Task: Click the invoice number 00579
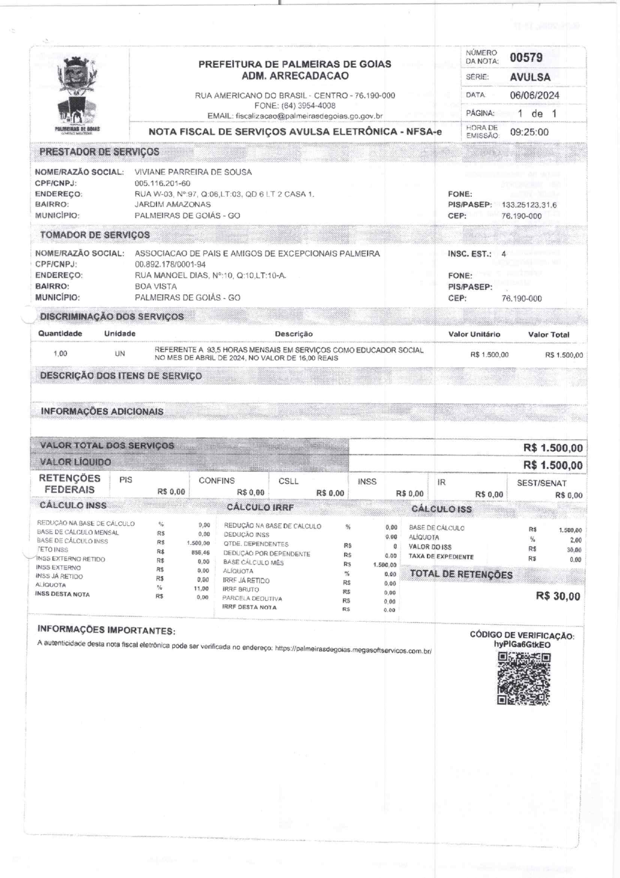(526, 58)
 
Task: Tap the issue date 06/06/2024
(534, 95)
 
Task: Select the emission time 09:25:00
(529, 132)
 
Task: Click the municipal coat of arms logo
(77, 93)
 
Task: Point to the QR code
(524, 679)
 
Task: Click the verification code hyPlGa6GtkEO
(522, 644)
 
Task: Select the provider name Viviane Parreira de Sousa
(193, 172)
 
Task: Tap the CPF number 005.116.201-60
(162, 183)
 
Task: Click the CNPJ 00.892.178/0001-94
(170, 264)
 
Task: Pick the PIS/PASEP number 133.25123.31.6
(529, 205)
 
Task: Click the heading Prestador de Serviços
(99, 152)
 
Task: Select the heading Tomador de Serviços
(94, 235)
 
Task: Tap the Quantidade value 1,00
(60, 354)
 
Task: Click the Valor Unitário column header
(474, 334)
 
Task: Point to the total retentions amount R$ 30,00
(558, 596)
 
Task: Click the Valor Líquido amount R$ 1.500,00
(553, 465)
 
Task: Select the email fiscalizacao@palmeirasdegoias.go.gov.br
(309, 116)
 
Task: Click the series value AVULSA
(530, 77)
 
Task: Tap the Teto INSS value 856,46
(200, 553)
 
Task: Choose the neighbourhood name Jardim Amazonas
(172, 205)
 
